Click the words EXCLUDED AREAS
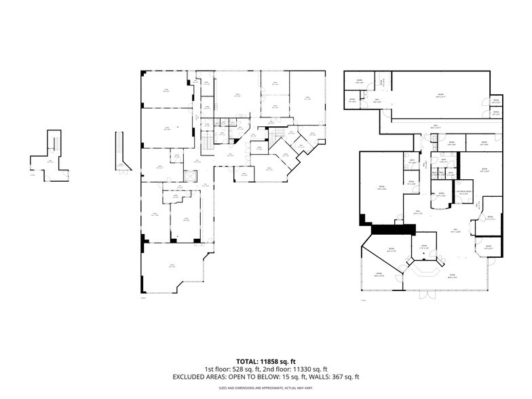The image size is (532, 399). tap(197, 377)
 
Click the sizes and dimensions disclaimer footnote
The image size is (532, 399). tap(265, 388)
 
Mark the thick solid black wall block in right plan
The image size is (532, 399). tap(390, 229)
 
